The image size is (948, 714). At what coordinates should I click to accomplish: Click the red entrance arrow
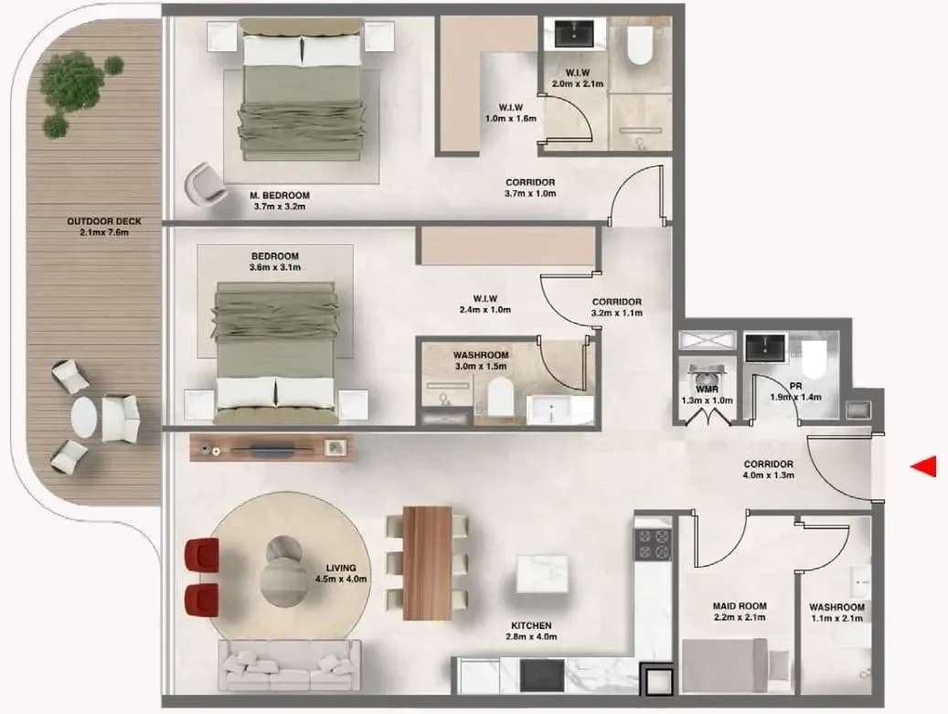pos(924,466)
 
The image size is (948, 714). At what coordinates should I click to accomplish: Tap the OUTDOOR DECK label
pos(104,221)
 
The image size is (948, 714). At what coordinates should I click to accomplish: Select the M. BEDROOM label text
pos(280,196)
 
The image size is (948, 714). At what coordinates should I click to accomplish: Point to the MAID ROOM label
pos(740,606)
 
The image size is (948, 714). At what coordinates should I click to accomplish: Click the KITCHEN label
pos(531,625)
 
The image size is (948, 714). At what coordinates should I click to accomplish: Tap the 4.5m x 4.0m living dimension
pos(341,580)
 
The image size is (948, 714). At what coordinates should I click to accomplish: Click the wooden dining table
pos(428,563)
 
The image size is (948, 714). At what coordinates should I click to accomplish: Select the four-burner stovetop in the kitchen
pos(653,543)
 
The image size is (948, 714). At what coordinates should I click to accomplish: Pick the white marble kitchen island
pos(542,574)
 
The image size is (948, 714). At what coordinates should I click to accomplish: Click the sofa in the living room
pos(290,665)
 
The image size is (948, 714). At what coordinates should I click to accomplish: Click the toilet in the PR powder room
pos(814,357)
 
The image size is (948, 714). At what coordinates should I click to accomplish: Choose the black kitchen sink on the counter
pos(542,676)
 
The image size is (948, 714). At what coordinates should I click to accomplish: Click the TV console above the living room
pos(272,448)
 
